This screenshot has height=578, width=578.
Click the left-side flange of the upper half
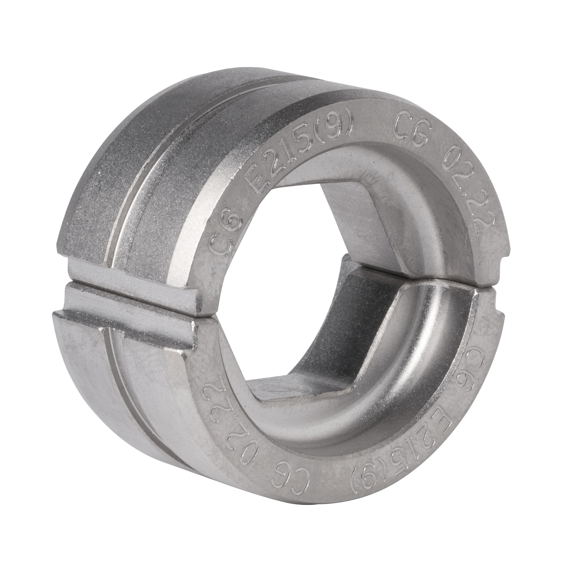[x=132, y=275]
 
